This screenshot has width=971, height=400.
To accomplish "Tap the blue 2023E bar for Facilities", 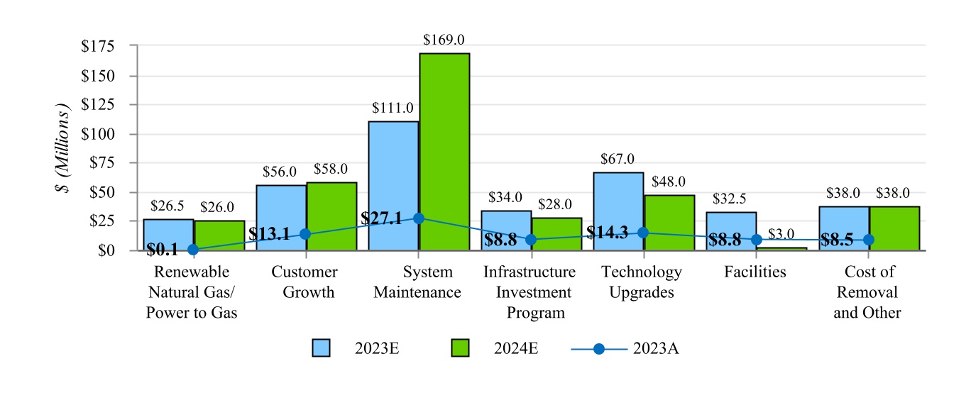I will click(x=731, y=231).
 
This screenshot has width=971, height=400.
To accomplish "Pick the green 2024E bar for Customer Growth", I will click(x=331, y=216).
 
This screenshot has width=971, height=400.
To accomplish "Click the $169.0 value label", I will click(x=444, y=40).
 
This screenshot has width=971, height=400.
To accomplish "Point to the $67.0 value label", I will click(x=618, y=159).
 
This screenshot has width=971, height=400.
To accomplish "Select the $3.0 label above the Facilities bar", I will click(x=781, y=233).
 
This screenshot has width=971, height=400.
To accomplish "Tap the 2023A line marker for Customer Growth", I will click(x=306, y=234).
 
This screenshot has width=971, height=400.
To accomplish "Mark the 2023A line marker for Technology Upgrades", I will click(x=643, y=233).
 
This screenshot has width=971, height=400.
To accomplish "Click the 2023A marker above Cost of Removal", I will click(x=869, y=240).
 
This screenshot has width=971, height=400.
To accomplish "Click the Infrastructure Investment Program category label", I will click(x=530, y=292).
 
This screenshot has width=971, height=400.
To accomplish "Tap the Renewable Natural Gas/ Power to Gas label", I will click(x=192, y=292).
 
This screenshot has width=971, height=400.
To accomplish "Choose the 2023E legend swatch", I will click(x=321, y=348).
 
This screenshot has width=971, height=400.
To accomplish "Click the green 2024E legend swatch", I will click(x=461, y=348).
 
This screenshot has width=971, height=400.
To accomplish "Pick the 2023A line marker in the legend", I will click(x=599, y=348).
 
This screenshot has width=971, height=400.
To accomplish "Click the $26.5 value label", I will click(x=168, y=206).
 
